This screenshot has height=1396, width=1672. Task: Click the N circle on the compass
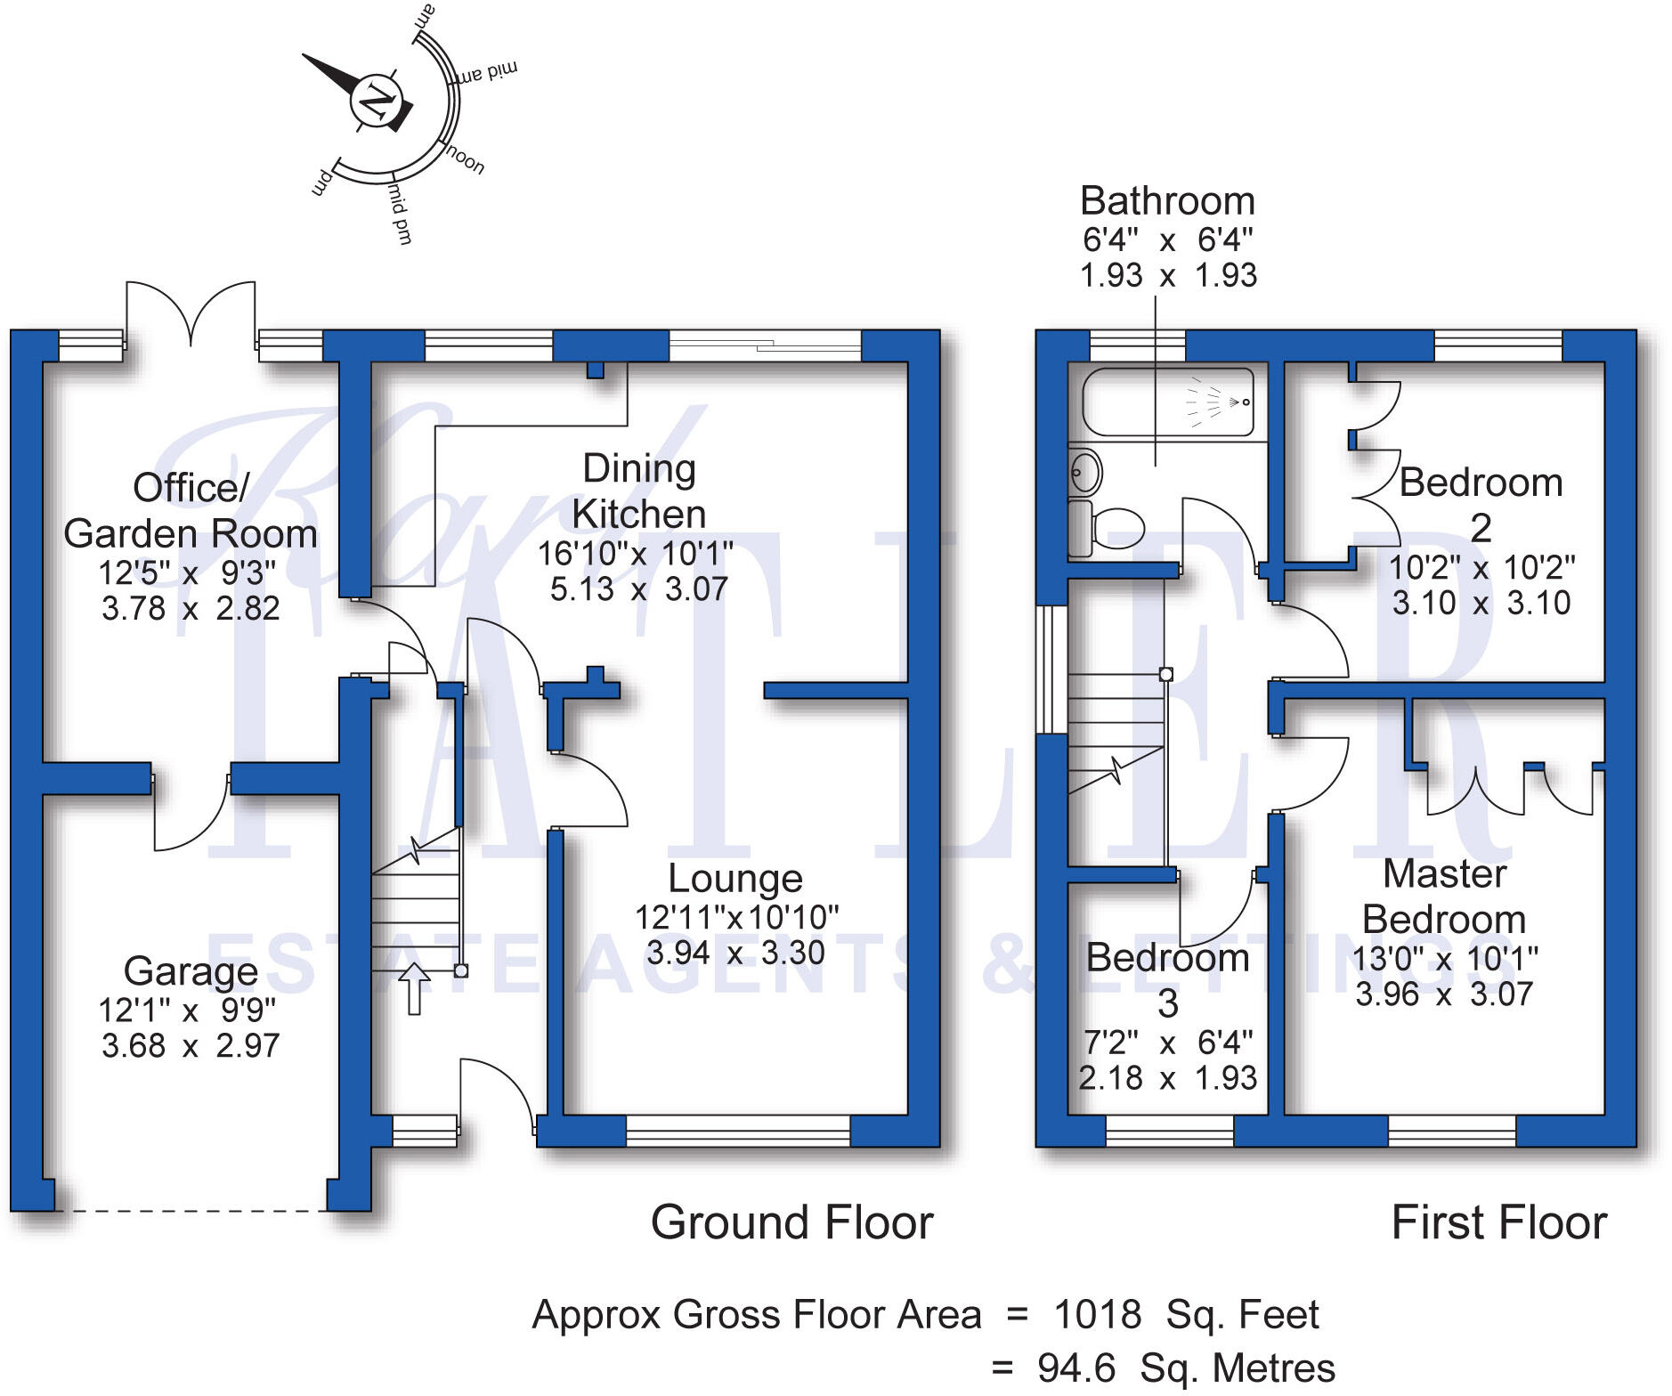[x=377, y=100]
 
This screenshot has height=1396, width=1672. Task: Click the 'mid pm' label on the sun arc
[x=400, y=214]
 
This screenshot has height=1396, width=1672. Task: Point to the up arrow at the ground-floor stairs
[x=414, y=988]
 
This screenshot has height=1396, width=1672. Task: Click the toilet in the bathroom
[x=1106, y=528]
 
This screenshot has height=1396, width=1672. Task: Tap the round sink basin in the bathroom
[x=1085, y=468]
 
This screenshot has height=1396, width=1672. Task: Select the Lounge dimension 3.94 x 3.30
[x=735, y=954]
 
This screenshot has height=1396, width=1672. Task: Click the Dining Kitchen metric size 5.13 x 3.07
[x=639, y=589]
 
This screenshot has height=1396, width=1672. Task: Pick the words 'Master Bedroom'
[x=1444, y=897]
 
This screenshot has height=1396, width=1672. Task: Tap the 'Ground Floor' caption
[x=792, y=1222]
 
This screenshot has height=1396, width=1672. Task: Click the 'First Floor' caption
[x=1499, y=1222]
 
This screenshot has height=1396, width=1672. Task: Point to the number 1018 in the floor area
[x=1098, y=1315]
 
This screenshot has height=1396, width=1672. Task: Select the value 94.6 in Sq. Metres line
[x=1076, y=1368]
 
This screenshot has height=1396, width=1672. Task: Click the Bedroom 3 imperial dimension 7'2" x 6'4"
[x=1168, y=1042]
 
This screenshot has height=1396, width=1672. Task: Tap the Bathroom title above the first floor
[x=1168, y=201]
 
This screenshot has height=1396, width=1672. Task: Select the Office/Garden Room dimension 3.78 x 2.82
[x=191, y=609]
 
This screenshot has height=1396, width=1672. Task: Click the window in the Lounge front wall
[x=738, y=1131]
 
